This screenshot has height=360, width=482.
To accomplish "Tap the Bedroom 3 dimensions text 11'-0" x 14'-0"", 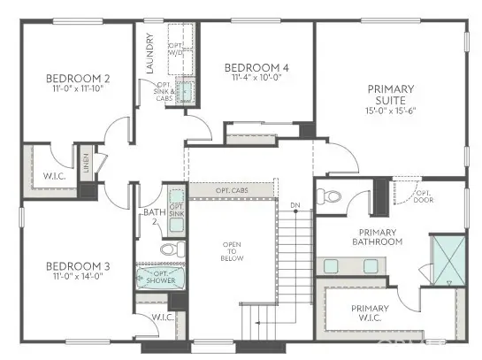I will point(76,275).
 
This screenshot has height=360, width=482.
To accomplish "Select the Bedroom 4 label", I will point(256,67).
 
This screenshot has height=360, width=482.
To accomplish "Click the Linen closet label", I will point(87,163).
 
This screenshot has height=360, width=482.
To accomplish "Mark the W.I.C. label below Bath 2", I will point(162,317).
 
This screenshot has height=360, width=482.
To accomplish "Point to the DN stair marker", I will point(295,206).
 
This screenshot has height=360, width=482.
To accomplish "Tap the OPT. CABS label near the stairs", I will point(233,190).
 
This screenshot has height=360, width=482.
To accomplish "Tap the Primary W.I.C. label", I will point(369,313).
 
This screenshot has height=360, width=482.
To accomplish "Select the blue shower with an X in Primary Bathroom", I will point(447,258).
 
